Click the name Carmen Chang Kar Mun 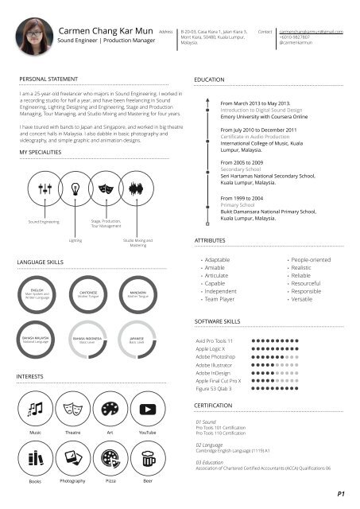[x=104, y=30]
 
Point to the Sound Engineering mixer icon [x=44, y=188]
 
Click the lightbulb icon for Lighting [x=75, y=188]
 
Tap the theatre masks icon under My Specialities [x=106, y=188]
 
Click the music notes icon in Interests [x=36, y=409]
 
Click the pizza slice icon [x=110, y=458]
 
